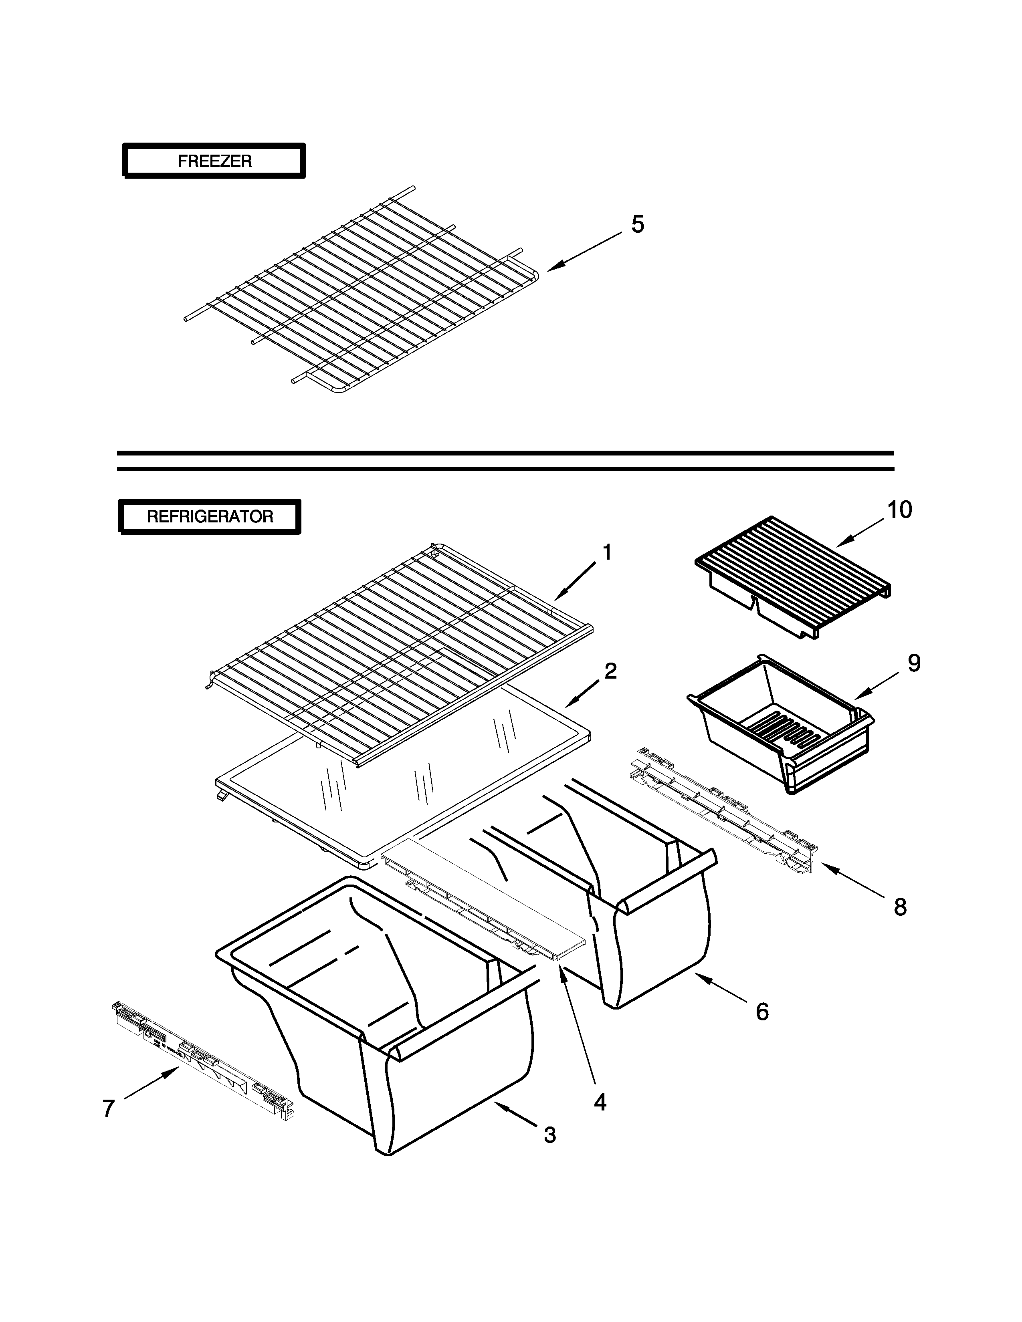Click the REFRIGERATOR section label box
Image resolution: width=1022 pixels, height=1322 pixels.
pyautogui.click(x=210, y=516)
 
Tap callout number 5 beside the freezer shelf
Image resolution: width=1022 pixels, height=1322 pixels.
pyautogui.click(x=638, y=225)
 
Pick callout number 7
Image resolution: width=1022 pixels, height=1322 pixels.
pyautogui.click(x=108, y=1109)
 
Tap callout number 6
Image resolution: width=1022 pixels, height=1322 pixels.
pyautogui.click(x=762, y=1012)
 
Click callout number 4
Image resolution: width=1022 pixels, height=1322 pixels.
pyautogui.click(x=600, y=1102)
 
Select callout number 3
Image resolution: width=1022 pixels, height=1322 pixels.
pyautogui.click(x=549, y=1135)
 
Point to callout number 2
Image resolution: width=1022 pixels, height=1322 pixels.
pyautogui.click(x=610, y=671)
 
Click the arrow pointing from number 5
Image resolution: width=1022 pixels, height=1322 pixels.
pyautogui.click(x=585, y=251)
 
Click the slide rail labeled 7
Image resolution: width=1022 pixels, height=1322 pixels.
pyautogui.click(x=203, y=1056)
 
